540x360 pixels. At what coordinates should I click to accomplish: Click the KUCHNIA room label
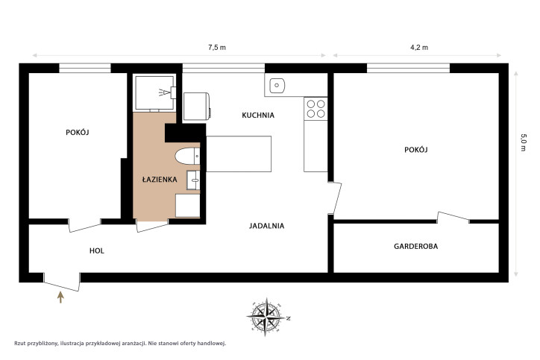(258, 116)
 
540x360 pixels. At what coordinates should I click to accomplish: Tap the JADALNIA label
(266, 226)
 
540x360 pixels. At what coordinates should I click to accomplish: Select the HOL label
(97, 251)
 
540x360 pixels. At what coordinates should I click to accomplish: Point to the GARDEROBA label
(416, 247)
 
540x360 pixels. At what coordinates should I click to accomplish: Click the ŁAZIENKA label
(160, 180)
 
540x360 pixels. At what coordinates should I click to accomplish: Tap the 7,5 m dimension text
(217, 48)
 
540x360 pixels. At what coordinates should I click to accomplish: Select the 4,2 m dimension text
(419, 48)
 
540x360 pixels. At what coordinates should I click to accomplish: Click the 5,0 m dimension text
(523, 142)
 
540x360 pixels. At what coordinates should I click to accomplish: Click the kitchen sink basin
(277, 86)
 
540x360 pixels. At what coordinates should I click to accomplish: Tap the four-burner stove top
(315, 109)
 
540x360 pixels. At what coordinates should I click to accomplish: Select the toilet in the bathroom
(187, 157)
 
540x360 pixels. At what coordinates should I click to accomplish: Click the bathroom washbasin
(193, 180)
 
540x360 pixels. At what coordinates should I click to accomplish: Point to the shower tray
(154, 93)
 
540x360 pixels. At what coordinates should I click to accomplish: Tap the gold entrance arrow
(60, 297)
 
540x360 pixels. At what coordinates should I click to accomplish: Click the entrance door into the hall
(62, 282)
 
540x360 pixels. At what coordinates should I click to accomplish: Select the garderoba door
(453, 218)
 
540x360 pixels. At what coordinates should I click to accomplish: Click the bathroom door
(153, 225)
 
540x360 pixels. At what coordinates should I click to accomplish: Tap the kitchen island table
(239, 154)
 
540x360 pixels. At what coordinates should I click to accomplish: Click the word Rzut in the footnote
(19, 343)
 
